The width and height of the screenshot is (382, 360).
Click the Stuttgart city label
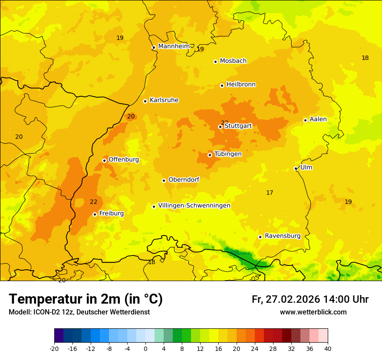[x=238, y=126]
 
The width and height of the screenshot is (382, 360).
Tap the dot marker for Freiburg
[x=95, y=214]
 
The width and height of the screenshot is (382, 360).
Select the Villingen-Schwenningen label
[x=194, y=206]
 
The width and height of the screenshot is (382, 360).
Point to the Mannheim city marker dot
[x=154, y=48]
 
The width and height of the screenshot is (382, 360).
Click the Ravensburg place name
[x=283, y=236]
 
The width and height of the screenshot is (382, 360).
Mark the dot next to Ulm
[x=296, y=168]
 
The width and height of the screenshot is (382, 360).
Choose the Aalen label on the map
[x=318, y=119]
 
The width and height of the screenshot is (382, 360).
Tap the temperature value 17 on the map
[x=270, y=193]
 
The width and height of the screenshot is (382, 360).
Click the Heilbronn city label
[x=241, y=85]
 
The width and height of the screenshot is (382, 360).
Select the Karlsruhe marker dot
[x=145, y=101]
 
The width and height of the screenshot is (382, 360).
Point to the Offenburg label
[x=124, y=160]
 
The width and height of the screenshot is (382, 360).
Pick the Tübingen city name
[x=228, y=154]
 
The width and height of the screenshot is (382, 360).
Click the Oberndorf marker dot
[x=164, y=180]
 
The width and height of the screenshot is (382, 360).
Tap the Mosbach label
[x=233, y=61]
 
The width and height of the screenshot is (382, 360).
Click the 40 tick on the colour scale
[x=328, y=348]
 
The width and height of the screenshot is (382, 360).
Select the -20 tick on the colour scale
[x=54, y=348]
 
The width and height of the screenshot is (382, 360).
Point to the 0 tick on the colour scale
[x=145, y=348]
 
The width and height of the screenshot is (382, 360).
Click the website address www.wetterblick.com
[x=313, y=312]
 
